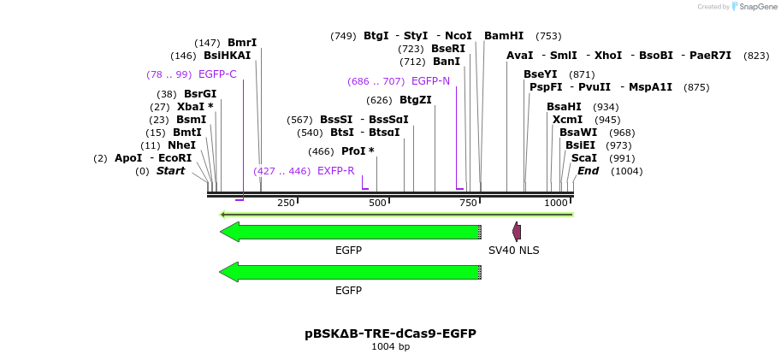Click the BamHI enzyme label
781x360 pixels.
point(504,36)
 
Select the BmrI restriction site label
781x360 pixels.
point(242,43)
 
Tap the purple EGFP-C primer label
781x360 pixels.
point(217,74)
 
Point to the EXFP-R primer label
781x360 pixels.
point(335,171)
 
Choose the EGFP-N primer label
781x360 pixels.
point(430,81)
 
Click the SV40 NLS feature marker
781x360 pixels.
point(517,231)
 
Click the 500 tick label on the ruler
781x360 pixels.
point(377,203)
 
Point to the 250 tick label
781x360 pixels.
point(286,203)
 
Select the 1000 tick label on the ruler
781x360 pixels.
point(556,203)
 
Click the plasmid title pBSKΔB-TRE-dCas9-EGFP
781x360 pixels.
point(390,333)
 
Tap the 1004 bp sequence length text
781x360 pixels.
point(390,347)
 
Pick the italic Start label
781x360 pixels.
point(170,171)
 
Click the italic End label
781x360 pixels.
point(588,171)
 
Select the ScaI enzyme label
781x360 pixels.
point(583,158)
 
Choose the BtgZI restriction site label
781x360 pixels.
point(416,100)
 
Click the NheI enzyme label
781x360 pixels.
point(181,145)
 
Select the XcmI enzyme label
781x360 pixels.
point(567,120)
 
